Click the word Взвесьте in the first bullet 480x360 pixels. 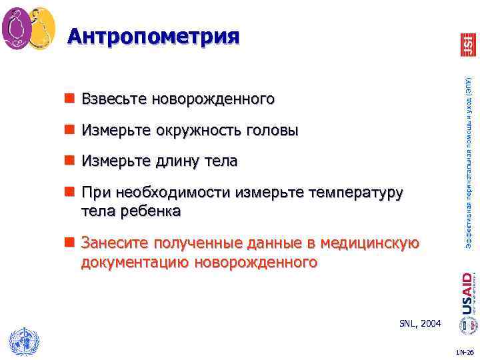113,100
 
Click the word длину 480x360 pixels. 180,162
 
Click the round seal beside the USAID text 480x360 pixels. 467,325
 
